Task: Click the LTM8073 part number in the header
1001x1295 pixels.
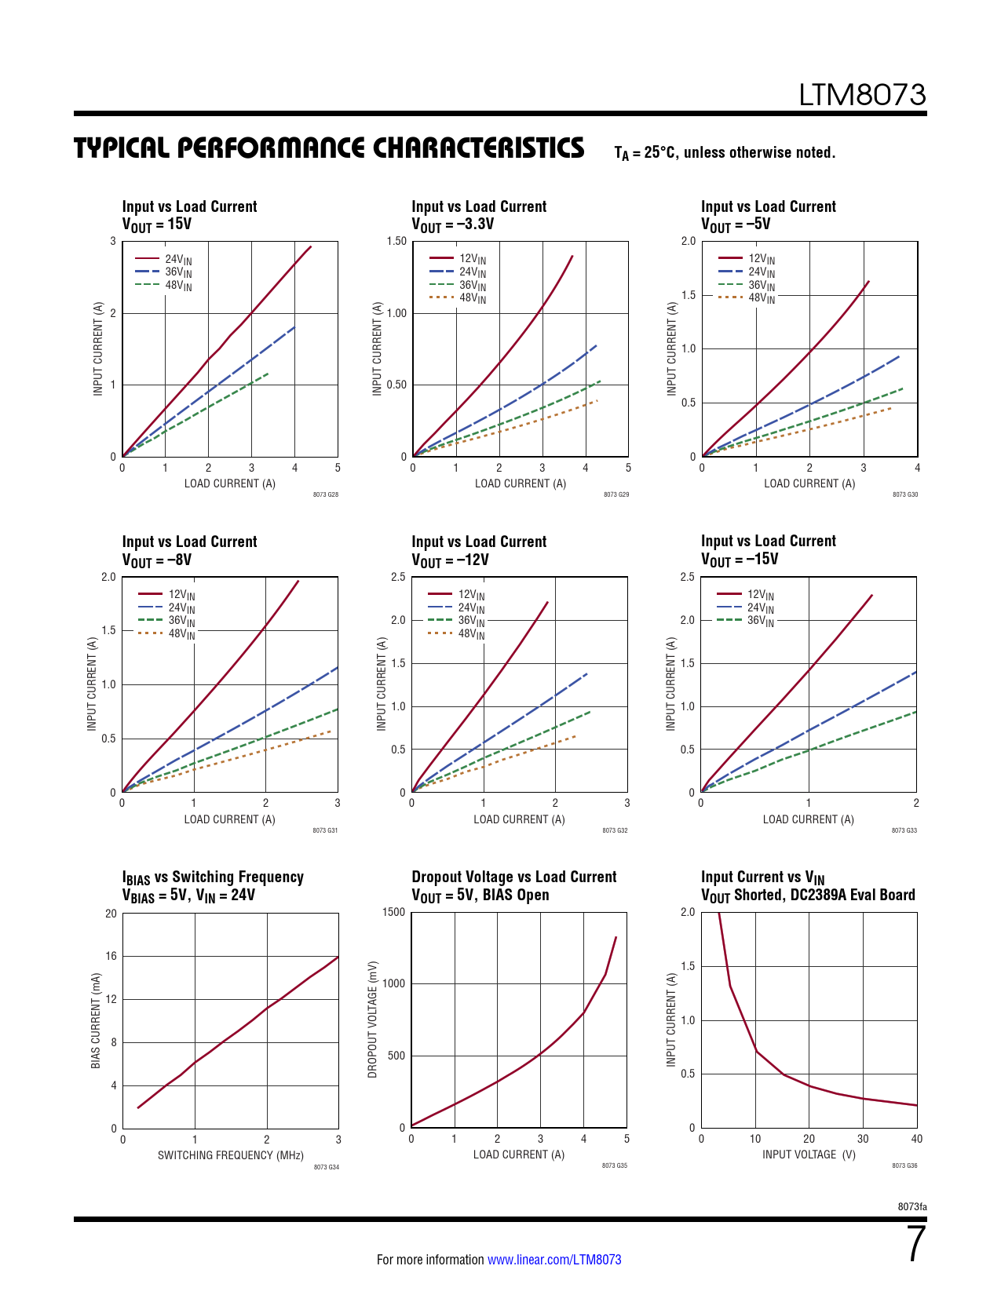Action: tap(862, 95)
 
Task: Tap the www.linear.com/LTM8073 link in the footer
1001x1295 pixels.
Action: tap(554, 1260)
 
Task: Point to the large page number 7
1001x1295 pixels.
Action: tap(916, 1245)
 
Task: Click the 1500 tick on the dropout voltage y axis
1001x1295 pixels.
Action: tap(395, 912)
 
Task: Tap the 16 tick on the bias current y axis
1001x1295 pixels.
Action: tap(111, 956)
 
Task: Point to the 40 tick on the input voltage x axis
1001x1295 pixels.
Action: tap(916, 1139)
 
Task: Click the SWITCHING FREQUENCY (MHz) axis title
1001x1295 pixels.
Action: tap(231, 1155)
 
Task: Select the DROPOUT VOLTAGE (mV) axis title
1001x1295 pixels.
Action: tap(373, 1020)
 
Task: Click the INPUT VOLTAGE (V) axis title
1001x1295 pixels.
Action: tap(809, 1155)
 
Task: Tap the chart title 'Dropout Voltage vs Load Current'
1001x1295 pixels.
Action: tap(514, 877)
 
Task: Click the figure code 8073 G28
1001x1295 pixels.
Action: tap(325, 494)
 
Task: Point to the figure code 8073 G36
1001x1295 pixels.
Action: tap(904, 1165)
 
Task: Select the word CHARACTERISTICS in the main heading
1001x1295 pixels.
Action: tap(477, 148)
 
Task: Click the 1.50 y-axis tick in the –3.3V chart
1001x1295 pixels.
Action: tap(396, 241)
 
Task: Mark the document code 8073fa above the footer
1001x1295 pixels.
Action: tap(911, 1206)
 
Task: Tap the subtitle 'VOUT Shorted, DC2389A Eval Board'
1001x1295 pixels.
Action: tap(808, 896)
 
